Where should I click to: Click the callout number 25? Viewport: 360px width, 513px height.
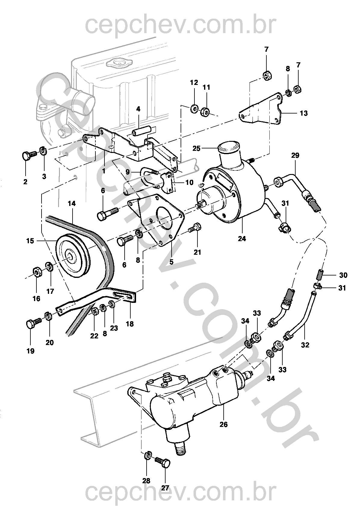(196, 148)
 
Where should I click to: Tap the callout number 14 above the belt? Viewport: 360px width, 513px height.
(72, 204)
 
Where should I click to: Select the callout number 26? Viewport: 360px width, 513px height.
(223, 424)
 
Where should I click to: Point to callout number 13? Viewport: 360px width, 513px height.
(304, 113)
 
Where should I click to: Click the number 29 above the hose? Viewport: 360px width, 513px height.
(295, 156)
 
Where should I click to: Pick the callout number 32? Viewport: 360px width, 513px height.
(305, 345)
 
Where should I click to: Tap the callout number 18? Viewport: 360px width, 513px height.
(130, 324)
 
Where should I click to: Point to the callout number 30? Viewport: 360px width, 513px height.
(343, 275)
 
